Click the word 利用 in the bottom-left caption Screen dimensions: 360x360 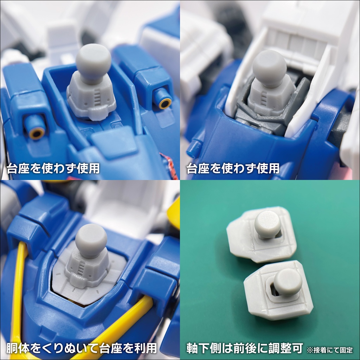[x=145, y=348]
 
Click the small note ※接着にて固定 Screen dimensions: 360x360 [x=330, y=350]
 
